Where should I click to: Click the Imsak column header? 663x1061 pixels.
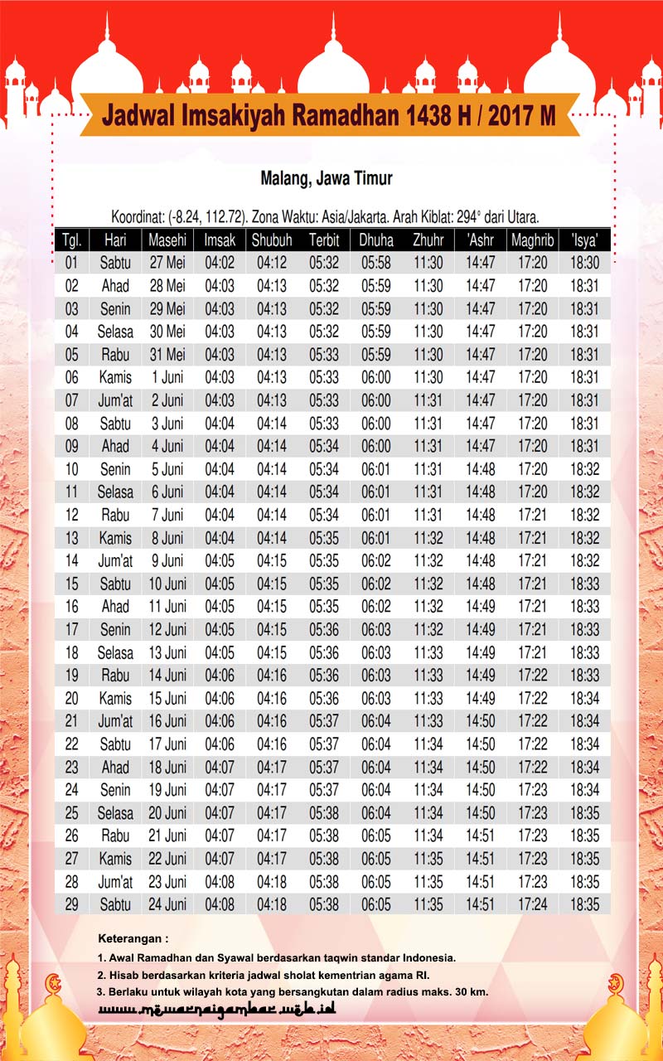point(220,240)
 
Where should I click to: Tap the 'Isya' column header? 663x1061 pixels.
point(584,240)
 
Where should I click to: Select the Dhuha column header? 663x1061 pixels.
point(375,240)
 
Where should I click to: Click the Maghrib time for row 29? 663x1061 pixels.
point(532,904)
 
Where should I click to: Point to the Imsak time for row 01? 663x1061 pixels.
point(220,263)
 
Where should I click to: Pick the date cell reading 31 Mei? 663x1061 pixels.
point(167,355)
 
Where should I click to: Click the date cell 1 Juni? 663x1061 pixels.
point(167,377)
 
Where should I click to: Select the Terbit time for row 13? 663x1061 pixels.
point(324,537)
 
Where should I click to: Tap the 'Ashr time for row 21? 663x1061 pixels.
point(481,720)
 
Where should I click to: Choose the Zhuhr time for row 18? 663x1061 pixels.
point(428,652)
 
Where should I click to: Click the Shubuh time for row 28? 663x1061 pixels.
point(272,881)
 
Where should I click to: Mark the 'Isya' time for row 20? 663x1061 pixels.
point(584,698)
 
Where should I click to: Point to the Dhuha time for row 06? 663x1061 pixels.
point(375,377)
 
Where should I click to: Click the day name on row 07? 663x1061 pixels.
point(115,400)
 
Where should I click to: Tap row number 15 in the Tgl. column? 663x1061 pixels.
point(71,584)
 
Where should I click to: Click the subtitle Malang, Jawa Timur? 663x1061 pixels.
point(327,178)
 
